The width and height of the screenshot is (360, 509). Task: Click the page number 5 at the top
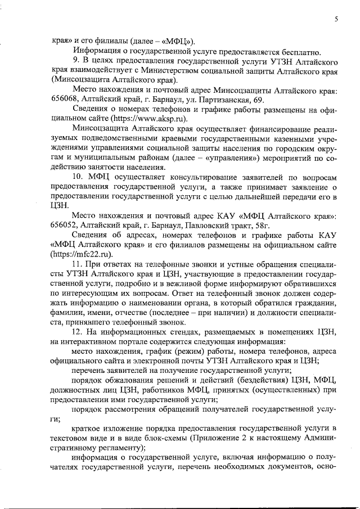(x=336, y=19)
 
